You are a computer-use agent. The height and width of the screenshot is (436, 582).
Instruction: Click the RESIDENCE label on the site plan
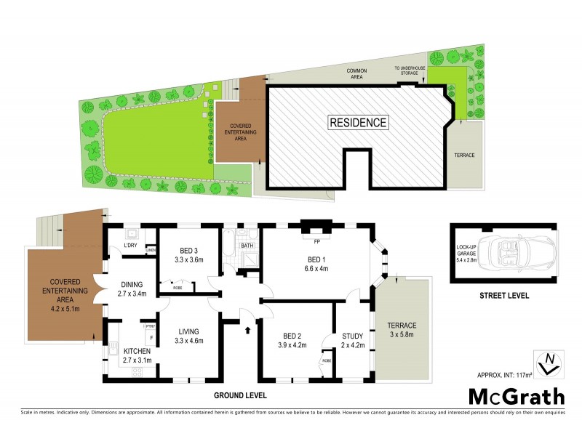359,122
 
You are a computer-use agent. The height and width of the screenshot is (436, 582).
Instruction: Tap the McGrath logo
516,397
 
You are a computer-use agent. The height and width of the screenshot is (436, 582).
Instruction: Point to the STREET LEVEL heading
504,296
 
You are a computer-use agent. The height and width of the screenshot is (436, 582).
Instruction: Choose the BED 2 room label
292,335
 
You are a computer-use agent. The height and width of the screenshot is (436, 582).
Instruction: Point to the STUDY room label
352,335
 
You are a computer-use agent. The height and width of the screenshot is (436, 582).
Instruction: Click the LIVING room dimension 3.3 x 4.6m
188,340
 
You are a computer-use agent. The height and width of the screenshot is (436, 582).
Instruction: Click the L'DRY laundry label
131,246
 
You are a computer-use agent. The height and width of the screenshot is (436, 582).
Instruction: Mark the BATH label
247,246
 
